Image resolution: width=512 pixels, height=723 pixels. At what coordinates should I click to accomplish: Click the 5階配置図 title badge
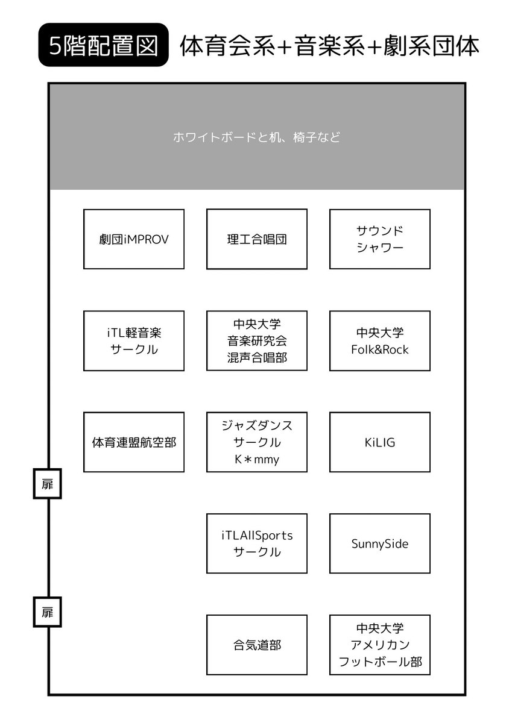103,45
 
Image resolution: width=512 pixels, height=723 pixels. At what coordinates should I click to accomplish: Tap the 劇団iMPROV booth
134,239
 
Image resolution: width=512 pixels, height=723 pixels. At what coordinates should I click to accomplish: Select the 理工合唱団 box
257,239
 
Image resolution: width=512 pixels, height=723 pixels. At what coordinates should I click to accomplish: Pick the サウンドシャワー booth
380,239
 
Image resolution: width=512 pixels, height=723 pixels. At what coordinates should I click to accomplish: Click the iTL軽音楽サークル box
134,341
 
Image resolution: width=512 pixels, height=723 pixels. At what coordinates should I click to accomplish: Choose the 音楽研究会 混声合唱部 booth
257,341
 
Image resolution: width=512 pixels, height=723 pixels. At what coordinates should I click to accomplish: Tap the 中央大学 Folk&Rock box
380,341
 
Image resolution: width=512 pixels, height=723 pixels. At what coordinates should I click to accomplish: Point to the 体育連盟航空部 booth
134,442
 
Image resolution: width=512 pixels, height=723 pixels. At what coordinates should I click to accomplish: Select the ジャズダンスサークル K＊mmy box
257,442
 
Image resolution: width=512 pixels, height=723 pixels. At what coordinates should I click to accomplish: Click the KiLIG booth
380,442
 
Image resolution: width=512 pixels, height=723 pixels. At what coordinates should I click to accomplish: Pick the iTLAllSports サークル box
257,543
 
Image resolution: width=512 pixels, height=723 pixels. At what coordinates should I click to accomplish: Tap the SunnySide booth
380,543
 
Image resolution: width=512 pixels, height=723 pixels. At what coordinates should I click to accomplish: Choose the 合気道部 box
257,645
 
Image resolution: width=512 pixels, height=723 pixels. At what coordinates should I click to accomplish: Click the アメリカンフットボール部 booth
380,645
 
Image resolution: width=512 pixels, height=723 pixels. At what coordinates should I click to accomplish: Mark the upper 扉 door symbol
48,484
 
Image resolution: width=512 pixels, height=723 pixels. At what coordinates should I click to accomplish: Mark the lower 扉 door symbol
48,612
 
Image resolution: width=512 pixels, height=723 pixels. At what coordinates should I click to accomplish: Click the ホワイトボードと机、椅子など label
257,137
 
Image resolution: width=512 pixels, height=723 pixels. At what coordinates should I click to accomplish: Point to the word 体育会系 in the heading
228,46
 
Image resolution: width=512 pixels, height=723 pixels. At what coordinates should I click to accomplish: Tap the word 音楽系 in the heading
330,46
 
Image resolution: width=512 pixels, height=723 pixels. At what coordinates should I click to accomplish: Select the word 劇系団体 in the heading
432,46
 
